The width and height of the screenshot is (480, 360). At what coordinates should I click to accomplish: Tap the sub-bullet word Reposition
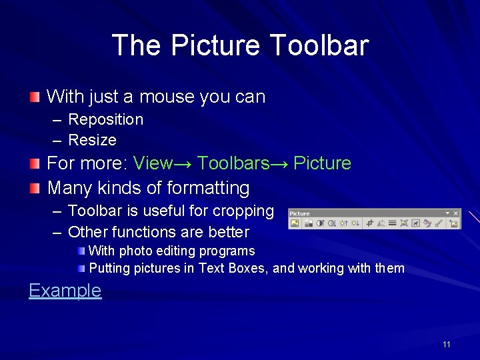tap(106, 119)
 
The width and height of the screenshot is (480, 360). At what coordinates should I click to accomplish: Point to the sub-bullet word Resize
tap(93, 140)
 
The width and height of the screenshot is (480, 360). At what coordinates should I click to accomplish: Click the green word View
tap(153, 163)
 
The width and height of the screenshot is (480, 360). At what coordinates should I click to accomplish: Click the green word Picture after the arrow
tap(322, 163)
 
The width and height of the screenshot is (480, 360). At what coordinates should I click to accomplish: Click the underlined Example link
tap(65, 291)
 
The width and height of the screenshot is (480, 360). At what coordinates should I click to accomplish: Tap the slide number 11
tap(446, 345)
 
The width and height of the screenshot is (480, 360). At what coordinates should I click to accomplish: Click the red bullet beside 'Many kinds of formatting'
tap(35, 189)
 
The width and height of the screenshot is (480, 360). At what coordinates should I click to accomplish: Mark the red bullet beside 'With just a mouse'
tap(35, 97)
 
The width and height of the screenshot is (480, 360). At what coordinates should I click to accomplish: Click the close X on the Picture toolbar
tap(456, 213)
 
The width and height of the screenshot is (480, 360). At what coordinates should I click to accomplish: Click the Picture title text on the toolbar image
tap(299, 213)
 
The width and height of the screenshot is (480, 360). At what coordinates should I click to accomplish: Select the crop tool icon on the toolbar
tap(371, 223)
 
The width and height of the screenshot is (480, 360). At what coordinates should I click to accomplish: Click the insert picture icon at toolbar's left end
tap(295, 223)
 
